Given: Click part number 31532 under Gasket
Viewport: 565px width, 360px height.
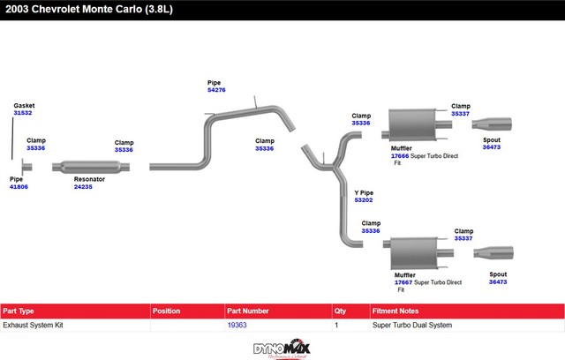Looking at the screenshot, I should pyautogui.click(x=23, y=113).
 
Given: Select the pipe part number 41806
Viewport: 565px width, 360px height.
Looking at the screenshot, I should pyautogui.click(x=19, y=187).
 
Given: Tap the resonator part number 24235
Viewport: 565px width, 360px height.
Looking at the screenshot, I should pyautogui.click(x=83, y=187).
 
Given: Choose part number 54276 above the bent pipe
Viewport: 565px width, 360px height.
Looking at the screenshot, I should pyautogui.click(x=216, y=90).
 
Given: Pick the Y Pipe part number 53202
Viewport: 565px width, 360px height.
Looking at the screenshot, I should pyautogui.click(x=364, y=200).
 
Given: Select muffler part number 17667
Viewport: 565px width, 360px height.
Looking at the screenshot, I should pyautogui.click(x=404, y=282).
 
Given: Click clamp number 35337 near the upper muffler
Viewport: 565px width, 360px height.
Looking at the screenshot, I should pyautogui.click(x=460, y=114).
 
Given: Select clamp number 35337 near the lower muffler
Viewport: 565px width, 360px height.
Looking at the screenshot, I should pyautogui.click(x=463, y=238).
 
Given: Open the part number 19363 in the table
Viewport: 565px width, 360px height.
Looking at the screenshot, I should pyautogui.click(x=237, y=326).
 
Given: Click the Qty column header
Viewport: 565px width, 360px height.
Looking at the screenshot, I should pyautogui.click(x=340, y=311).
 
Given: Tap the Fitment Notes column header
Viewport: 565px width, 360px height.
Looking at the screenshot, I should pyautogui.click(x=397, y=311).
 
